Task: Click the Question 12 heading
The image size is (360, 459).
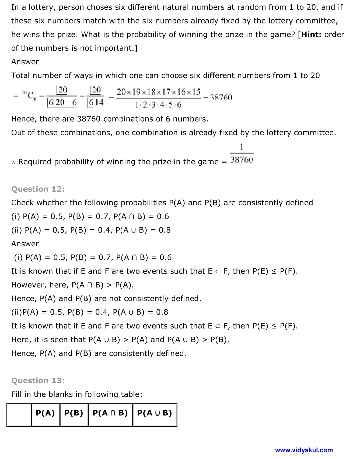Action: click(x=38, y=189)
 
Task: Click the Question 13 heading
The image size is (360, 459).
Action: click(x=38, y=380)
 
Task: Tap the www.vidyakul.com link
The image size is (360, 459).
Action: click(x=304, y=450)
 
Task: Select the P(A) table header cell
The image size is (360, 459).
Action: click(x=45, y=413)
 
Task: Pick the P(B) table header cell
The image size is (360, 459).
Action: click(x=74, y=413)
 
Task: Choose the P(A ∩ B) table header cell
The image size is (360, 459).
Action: click(x=110, y=413)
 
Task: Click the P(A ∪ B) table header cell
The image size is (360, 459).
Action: click(x=155, y=413)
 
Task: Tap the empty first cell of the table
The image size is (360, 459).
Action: click(x=19, y=415)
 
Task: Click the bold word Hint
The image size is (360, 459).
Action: click(x=311, y=34)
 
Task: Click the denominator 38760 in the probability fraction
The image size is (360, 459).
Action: click(x=242, y=160)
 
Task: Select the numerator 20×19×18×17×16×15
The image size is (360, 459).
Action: click(x=158, y=92)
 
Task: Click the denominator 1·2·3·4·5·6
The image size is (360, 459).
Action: click(x=158, y=105)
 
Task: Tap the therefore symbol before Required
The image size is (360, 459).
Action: click(x=13, y=162)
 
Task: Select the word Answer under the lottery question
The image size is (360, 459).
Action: click(x=25, y=62)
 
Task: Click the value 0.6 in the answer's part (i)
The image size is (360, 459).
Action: click(x=165, y=257)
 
